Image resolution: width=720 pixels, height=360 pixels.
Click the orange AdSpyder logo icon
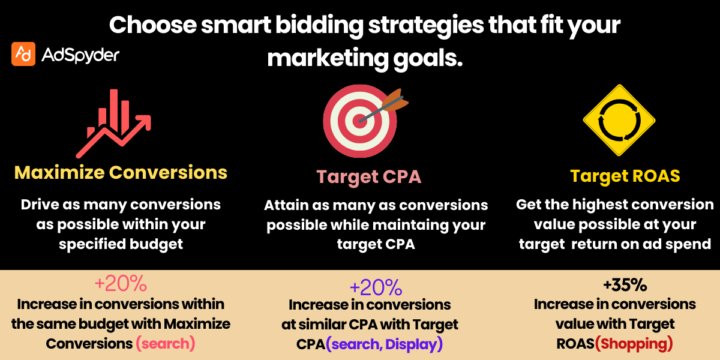[x=23, y=55]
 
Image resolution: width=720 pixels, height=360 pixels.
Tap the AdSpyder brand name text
[x=80, y=55]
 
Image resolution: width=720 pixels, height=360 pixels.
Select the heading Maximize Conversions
[x=121, y=173]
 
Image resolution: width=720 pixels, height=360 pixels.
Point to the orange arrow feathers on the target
[x=396, y=100]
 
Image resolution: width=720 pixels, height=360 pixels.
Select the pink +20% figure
[x=121, y=284]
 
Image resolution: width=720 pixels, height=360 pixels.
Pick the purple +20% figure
[x=375, y=288]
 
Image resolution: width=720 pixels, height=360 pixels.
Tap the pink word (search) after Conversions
[x=166, y=344]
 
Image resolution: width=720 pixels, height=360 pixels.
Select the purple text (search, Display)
[x=384, y=344]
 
